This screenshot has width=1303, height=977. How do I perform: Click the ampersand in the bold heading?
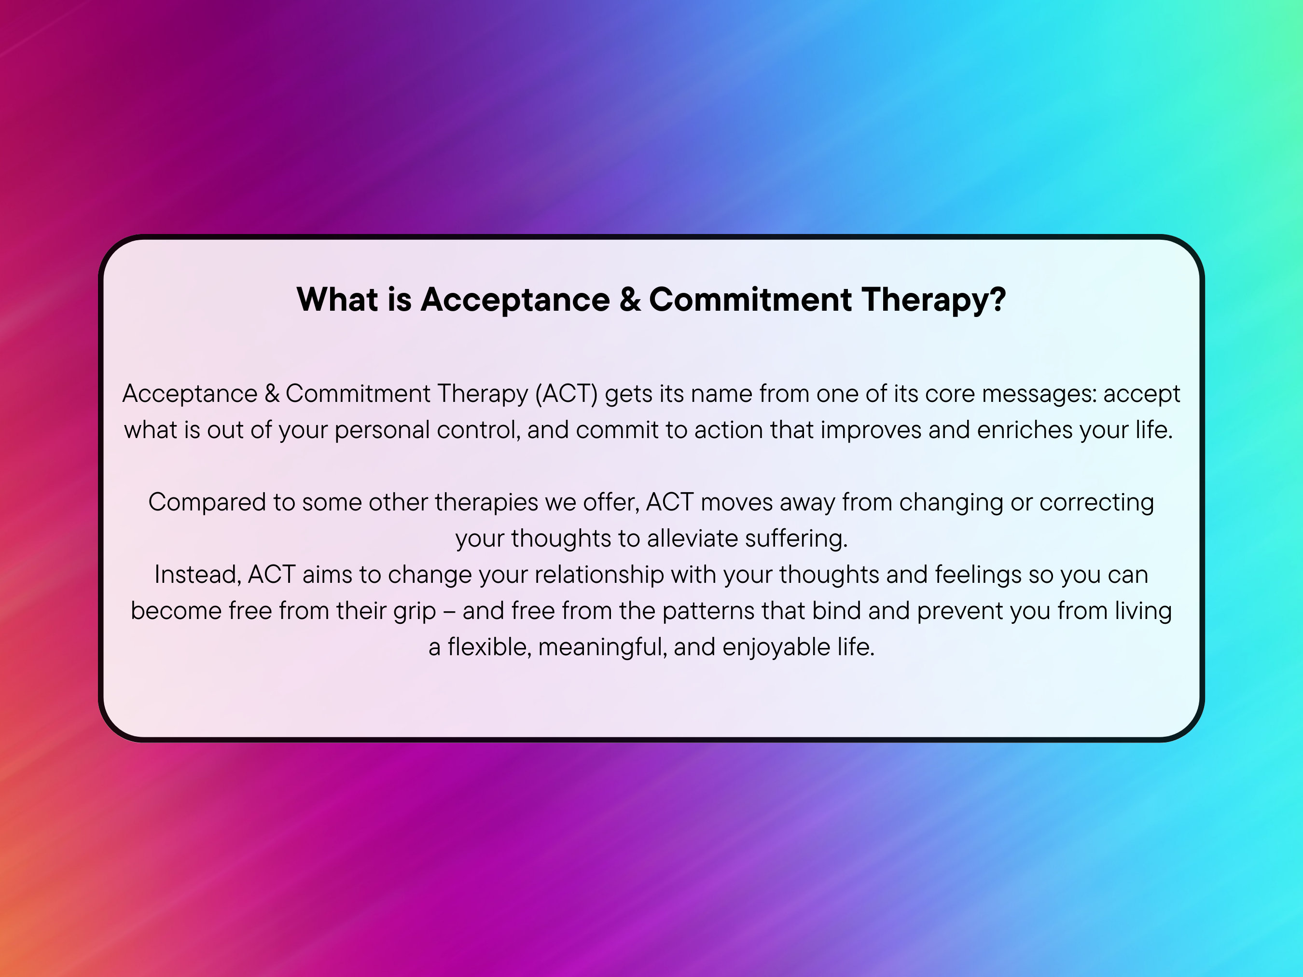[x=630, y=299]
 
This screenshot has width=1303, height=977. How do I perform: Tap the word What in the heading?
[x=337, y=299]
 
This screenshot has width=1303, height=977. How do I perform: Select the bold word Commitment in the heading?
[x=750, y=299]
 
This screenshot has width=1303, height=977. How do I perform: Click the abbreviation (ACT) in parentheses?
[x=566, y=393]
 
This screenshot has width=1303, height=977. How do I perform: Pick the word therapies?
[x=486, y=502]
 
